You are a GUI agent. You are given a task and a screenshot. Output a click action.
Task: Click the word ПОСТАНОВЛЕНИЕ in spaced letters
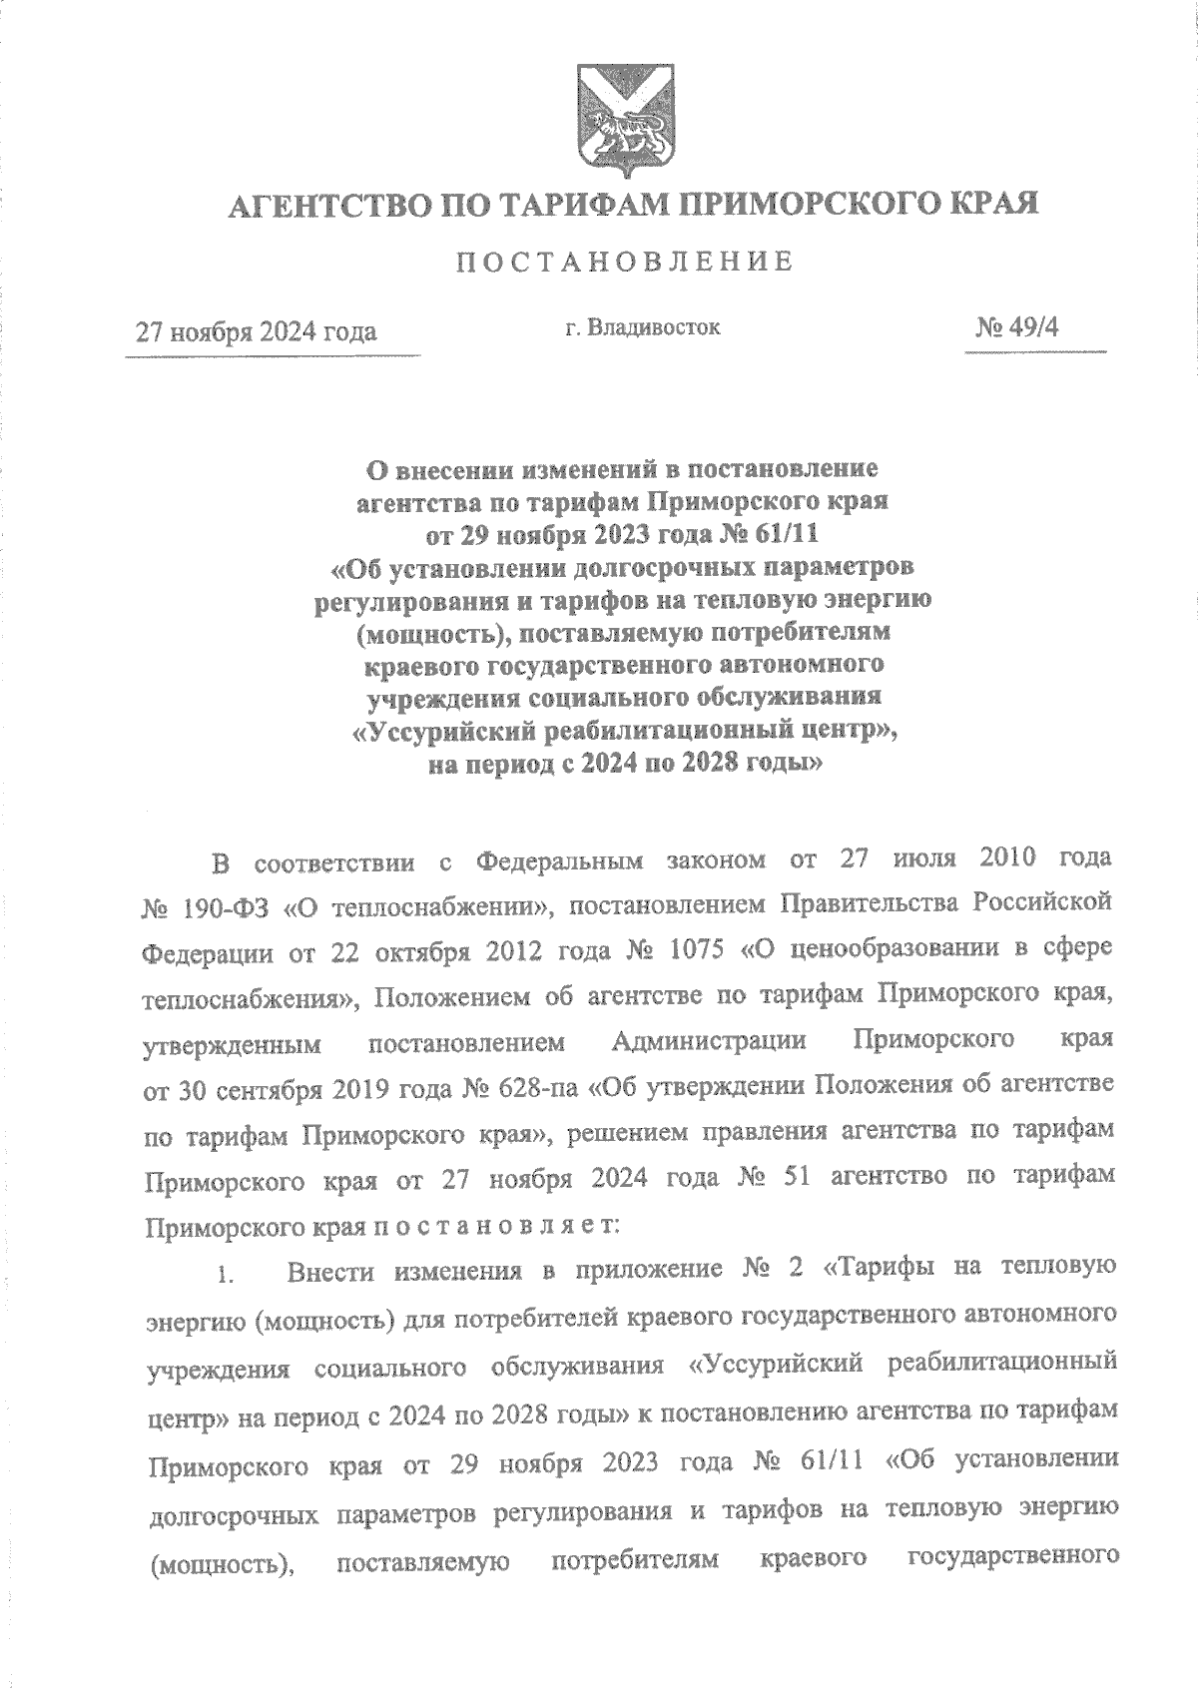625,263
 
